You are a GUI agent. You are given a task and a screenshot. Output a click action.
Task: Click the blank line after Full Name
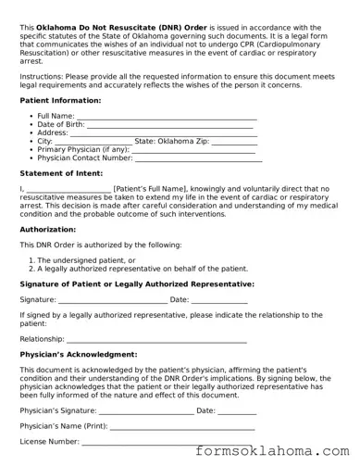click(x=166, y=116)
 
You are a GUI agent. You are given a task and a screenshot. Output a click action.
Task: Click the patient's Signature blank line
click(x=112, y=300)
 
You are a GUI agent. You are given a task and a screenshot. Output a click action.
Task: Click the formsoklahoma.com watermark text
click(x=275, y=452)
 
